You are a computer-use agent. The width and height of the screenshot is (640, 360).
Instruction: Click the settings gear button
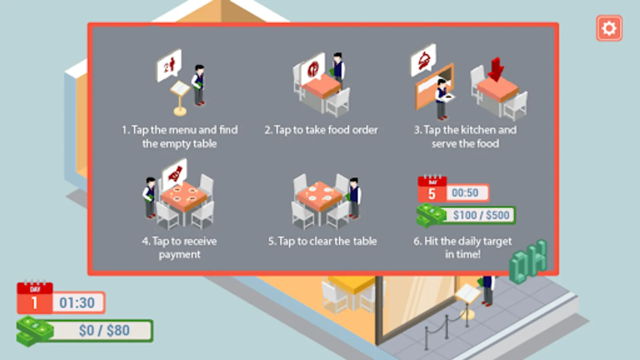(609, 28)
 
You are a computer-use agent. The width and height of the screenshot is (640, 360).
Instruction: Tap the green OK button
(528, 262)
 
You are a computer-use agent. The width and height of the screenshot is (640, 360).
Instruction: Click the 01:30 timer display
(78, 302)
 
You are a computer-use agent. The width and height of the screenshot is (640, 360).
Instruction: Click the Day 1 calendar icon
(35, 297)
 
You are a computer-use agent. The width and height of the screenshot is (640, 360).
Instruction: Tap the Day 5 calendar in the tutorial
(432, 188)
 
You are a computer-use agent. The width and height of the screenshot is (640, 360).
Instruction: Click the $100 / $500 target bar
(480, 215)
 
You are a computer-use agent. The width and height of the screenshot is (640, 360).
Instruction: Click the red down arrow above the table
(496, 70)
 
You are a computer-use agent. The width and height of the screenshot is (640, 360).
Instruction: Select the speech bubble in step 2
(313, 68)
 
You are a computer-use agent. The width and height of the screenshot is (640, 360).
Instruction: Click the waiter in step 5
(354, 198)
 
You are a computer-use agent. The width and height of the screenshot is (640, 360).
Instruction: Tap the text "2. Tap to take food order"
(321, 130)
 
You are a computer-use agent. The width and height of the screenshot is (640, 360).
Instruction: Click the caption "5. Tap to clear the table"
(322, 242)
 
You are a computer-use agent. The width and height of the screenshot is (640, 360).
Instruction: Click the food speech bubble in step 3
(424, 60)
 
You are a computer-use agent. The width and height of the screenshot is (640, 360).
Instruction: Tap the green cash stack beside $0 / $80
(34, 331)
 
